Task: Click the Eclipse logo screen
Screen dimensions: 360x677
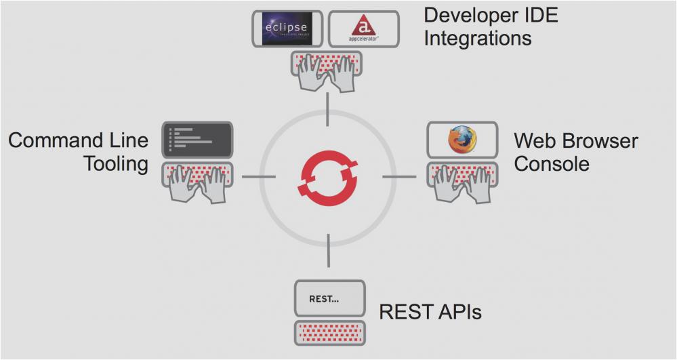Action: click(x=286, y=27)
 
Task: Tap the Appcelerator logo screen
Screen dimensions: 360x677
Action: click(x=363, y=27)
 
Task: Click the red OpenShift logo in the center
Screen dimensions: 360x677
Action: click(x=329, y=176)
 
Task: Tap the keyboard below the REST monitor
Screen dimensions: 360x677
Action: click(x=329, y=333)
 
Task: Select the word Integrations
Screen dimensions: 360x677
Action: click(x=478, y=38)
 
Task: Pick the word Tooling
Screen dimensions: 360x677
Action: click(x=116, y=163)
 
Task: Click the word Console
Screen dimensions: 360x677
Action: click(x=552, y=163)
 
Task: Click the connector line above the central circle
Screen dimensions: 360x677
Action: click(x=328, y=109)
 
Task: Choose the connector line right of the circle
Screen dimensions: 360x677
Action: click(x=398, y=176)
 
